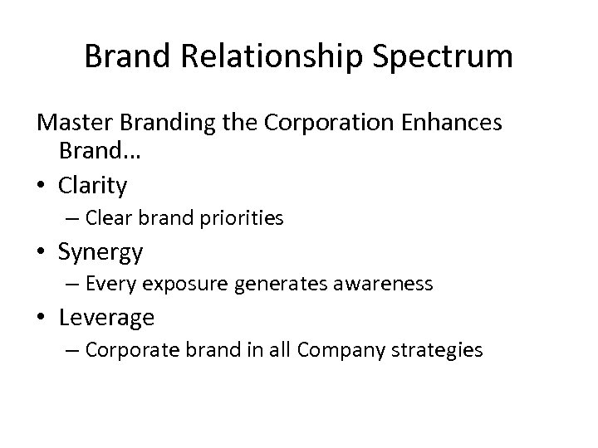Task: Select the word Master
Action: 76,124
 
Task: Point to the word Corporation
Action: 323,124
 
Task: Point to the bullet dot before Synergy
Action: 43,250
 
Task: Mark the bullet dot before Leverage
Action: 43,316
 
